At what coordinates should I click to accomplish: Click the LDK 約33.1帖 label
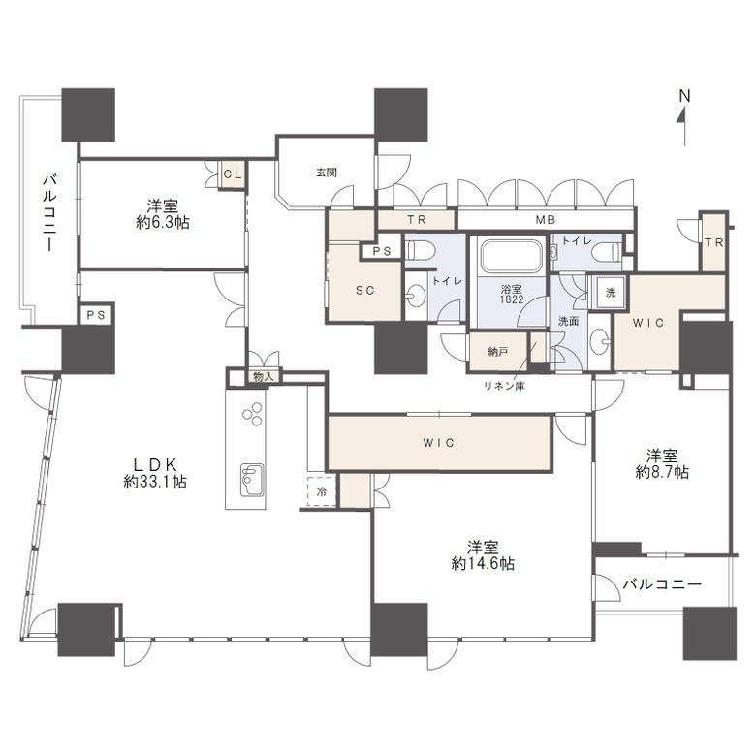155,473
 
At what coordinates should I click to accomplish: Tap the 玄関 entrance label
327,173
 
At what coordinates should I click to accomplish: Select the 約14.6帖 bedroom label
483,555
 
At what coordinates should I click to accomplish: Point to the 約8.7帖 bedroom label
662,464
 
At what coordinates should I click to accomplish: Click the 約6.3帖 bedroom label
163,214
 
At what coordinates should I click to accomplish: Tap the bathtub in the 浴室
511,256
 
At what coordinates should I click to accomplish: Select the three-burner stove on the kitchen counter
252,414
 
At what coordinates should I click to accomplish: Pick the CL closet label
233,174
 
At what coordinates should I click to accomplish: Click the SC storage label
365,290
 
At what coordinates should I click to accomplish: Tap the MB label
546,220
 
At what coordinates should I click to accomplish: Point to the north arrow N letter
684,96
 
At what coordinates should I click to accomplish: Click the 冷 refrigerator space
322,491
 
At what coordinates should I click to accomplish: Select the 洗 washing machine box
611,292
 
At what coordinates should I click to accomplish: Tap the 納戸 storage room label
497,353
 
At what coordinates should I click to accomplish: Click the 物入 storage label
264,377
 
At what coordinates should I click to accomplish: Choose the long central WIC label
439,443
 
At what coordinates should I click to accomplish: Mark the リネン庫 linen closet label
504,386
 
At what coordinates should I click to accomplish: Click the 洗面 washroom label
568,321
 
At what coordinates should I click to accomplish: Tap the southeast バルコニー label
662,584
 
